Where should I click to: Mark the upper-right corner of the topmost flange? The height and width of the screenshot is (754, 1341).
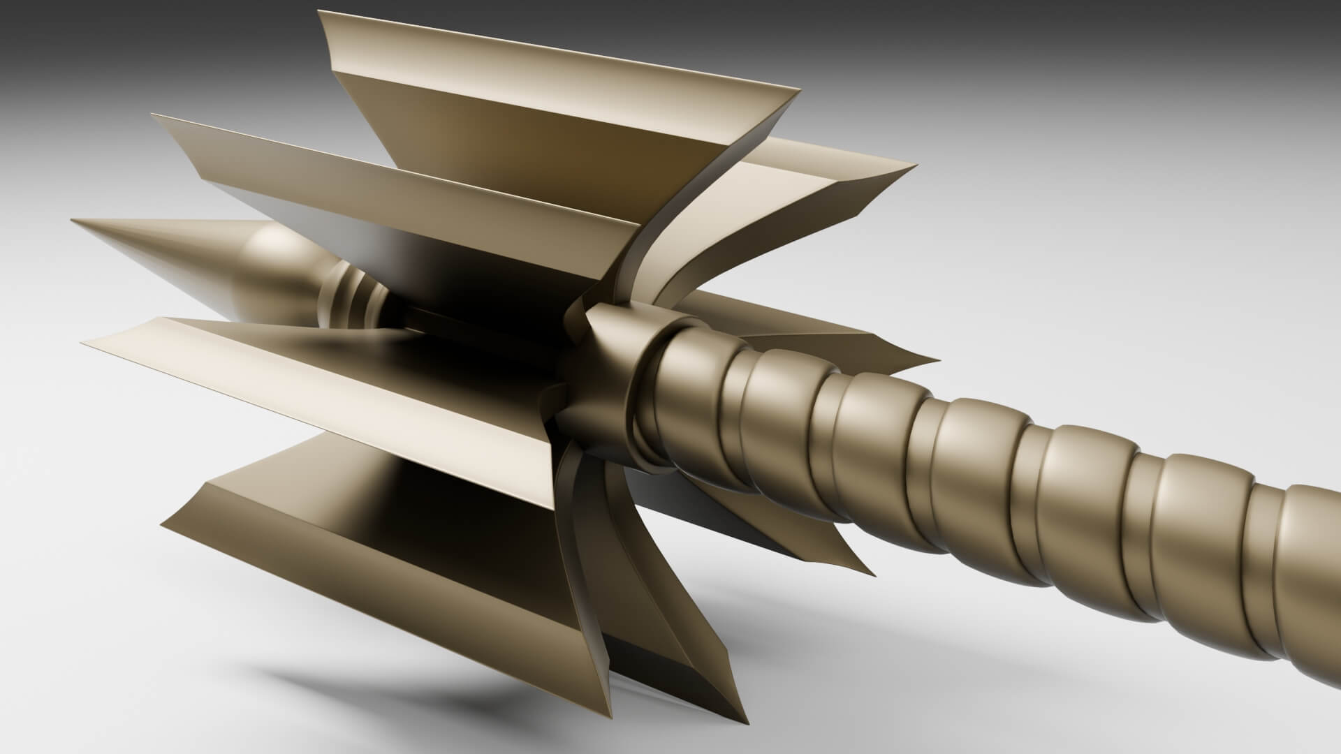tap(798, 89)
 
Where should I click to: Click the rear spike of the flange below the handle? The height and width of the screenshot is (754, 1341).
tap(873, 555)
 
